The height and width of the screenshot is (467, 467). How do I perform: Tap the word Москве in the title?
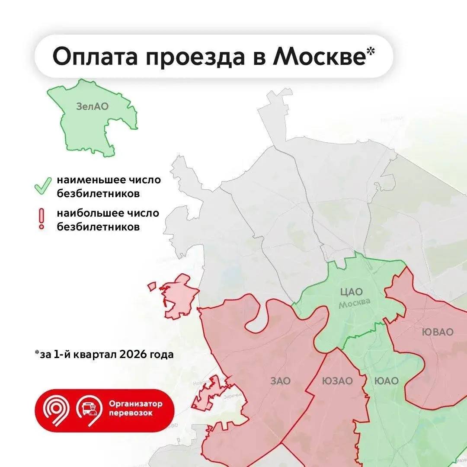319,57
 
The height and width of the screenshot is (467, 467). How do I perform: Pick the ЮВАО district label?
438,332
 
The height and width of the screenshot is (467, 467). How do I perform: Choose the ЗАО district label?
280,381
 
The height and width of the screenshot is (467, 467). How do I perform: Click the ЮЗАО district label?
337,381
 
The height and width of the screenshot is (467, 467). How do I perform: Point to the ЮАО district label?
386,381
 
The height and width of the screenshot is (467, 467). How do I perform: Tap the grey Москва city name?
354,303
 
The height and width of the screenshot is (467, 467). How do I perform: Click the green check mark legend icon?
43,186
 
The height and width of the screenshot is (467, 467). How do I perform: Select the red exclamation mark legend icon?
42,219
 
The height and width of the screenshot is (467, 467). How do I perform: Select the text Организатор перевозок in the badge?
135,408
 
